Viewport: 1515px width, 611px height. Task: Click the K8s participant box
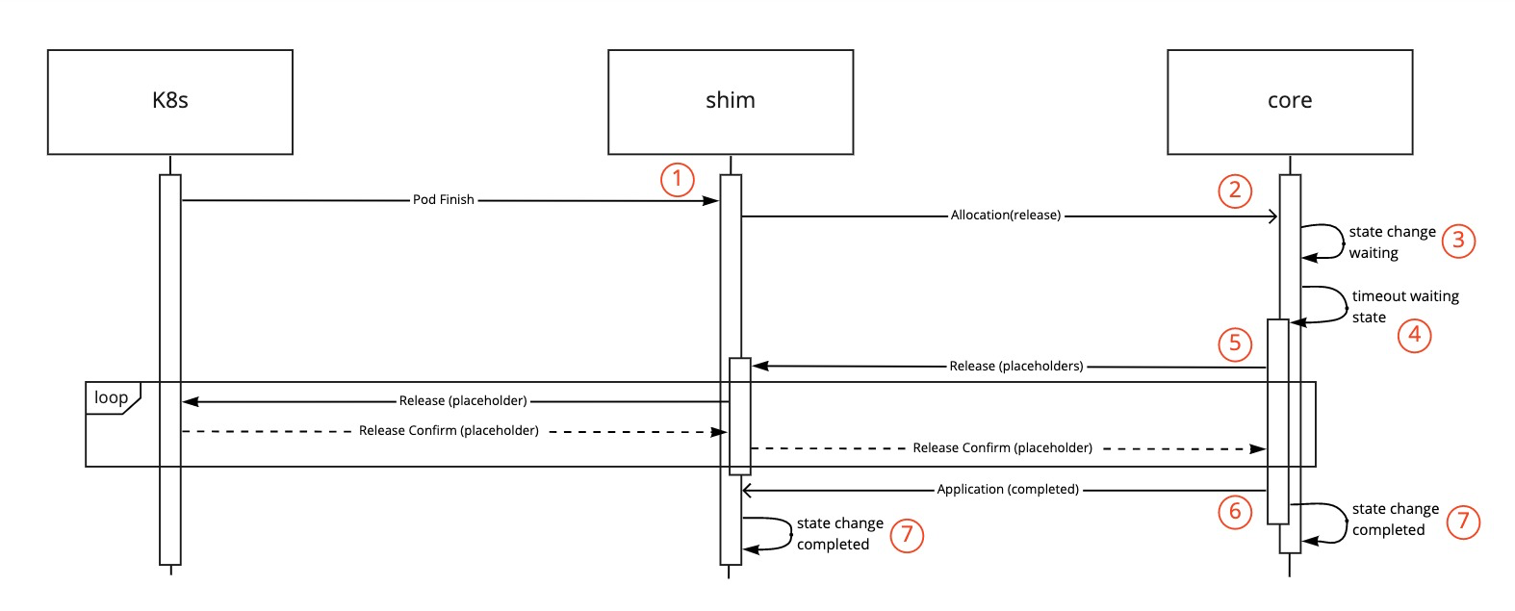click(x=169, y=102)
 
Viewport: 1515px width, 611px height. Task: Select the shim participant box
click(x=730, y=102)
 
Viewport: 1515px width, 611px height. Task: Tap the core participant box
click(x=1289, y=102)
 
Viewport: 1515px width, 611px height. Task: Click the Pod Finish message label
click(x=443, y=200)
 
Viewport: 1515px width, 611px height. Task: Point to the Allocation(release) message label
click(x=1005, y=216)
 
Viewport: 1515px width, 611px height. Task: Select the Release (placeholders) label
click(x=1015, y=367)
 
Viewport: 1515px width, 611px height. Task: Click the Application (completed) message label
click(x=1008, y=490)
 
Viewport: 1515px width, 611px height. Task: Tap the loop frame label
click(x=112, y=397)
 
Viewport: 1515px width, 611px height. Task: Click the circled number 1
click(x=677, y=179)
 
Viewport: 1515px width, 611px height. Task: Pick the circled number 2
click(x=1235, y=190)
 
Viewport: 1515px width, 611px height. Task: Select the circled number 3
click(x=1457, y=240)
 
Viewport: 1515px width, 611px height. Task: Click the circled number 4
click(x=1414, y=335)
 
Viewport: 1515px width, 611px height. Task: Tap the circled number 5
click(x=1235, y=344)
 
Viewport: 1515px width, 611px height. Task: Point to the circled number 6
click(x=1235, y=511)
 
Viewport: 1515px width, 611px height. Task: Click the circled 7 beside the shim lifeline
click(x=906, y=535)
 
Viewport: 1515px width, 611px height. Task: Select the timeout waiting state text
click(x=1404, y=307)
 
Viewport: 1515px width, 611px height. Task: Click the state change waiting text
click(x=1391, y=242)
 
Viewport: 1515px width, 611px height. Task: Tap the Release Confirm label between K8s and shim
click(x=449, y=431)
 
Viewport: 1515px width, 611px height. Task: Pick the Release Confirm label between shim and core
click(x=1002, y=448)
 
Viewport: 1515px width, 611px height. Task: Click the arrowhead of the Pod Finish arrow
click(x=712, y=201)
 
